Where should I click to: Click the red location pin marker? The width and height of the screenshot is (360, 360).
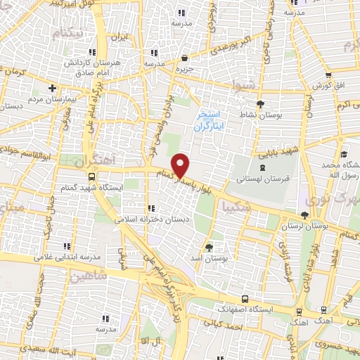[x=181, y=165]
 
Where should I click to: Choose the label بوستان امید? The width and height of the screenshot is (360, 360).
[x=210, y=259]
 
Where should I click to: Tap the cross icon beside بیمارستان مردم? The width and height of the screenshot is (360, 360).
[x=52, y=89]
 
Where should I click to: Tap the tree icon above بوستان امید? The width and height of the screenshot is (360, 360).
[x=210, y=247]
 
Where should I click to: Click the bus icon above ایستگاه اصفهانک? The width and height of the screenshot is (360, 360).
[x=244, y=298]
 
